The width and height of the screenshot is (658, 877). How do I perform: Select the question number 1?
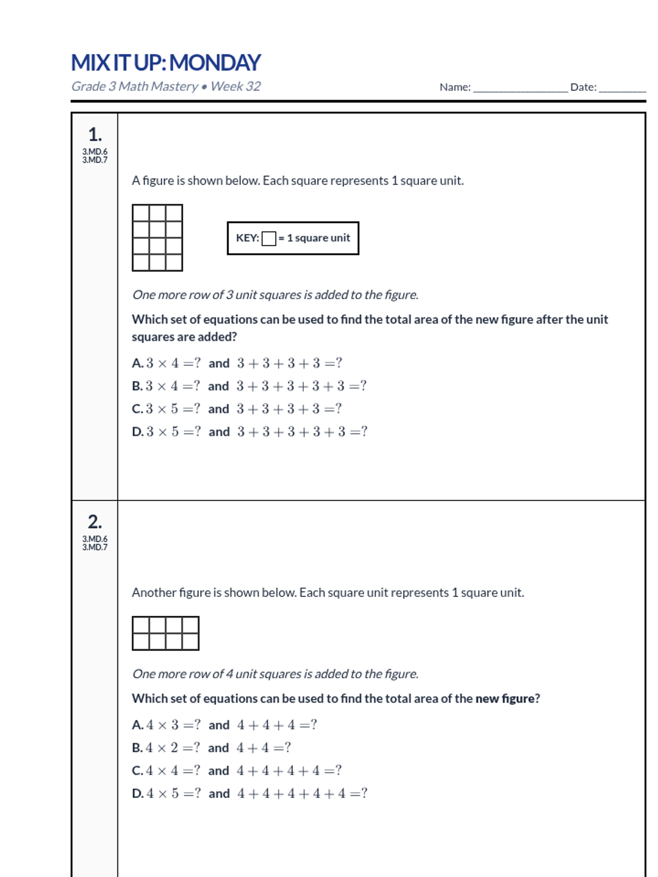[x=95, y=134]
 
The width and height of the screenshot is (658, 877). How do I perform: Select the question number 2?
[x=95, y=521]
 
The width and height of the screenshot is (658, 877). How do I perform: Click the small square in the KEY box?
[x=269, y=238]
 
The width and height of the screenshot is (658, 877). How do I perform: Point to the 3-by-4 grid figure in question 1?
[x=157, y=238]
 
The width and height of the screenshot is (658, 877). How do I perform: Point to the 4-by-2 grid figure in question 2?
[x=166, y=633]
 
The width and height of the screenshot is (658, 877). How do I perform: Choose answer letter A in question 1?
[x=137, y=363]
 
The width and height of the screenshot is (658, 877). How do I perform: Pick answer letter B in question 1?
[x=137, y=386]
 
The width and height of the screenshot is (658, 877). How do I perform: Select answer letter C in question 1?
[x=137, y=409]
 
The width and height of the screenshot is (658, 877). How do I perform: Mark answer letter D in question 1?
[x=137, y=432]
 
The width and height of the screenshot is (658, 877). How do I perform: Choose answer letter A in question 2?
[x=137, y=725]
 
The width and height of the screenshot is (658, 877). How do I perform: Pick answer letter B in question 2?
[x=137, y=748]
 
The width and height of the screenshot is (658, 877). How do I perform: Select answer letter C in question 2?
[x=137, y=771]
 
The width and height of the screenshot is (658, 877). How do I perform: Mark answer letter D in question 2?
[x=137, y=794]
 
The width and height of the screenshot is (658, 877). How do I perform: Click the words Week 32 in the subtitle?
[x=236, y=87]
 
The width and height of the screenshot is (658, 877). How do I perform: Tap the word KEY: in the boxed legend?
[x=247, y=238]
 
